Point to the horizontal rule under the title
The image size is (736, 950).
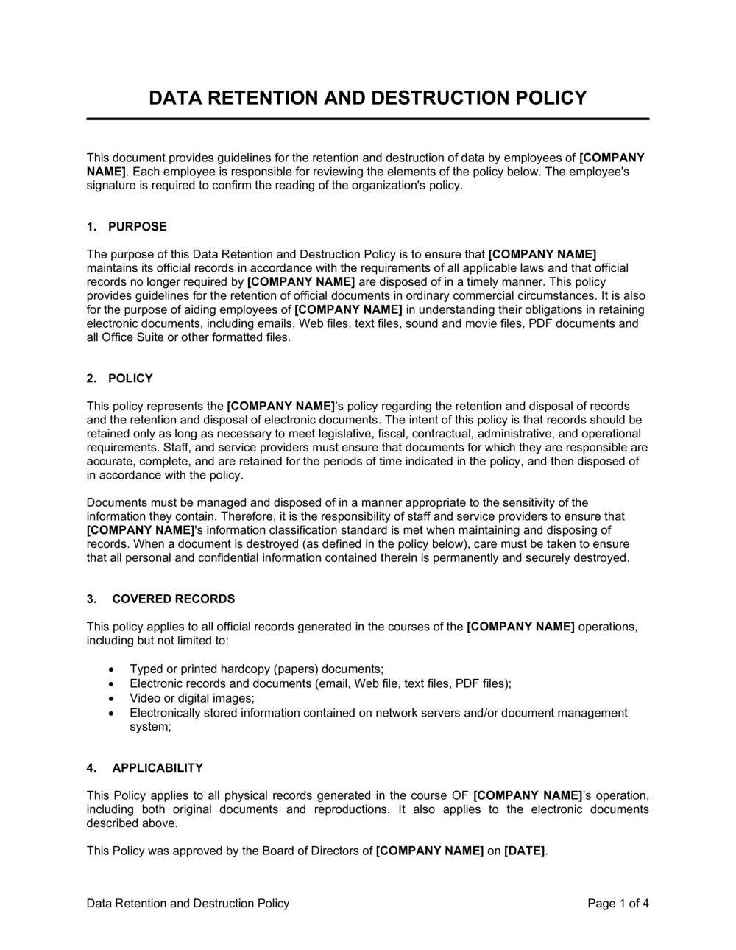[368, 119]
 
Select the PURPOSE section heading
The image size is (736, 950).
[137, 226]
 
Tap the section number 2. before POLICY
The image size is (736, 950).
[91, 379]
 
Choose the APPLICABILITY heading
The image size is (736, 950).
[157, 767]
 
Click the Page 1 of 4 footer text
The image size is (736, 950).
[618, 903]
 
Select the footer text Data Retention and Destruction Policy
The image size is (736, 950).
[188, 903]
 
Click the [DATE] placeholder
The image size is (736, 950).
[525, 851]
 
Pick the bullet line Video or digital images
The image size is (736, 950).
[192, 698]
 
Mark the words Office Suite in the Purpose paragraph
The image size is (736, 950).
[135, 337]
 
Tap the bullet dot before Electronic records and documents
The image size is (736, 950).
[110, 683]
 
